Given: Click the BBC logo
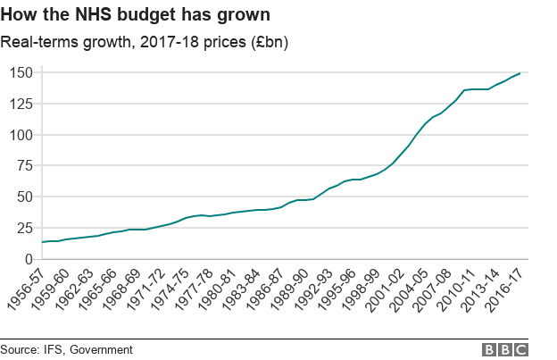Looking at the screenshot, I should coord(505,349).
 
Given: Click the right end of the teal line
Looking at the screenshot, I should coord(520,73).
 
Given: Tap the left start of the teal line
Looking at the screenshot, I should coord(42,242).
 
